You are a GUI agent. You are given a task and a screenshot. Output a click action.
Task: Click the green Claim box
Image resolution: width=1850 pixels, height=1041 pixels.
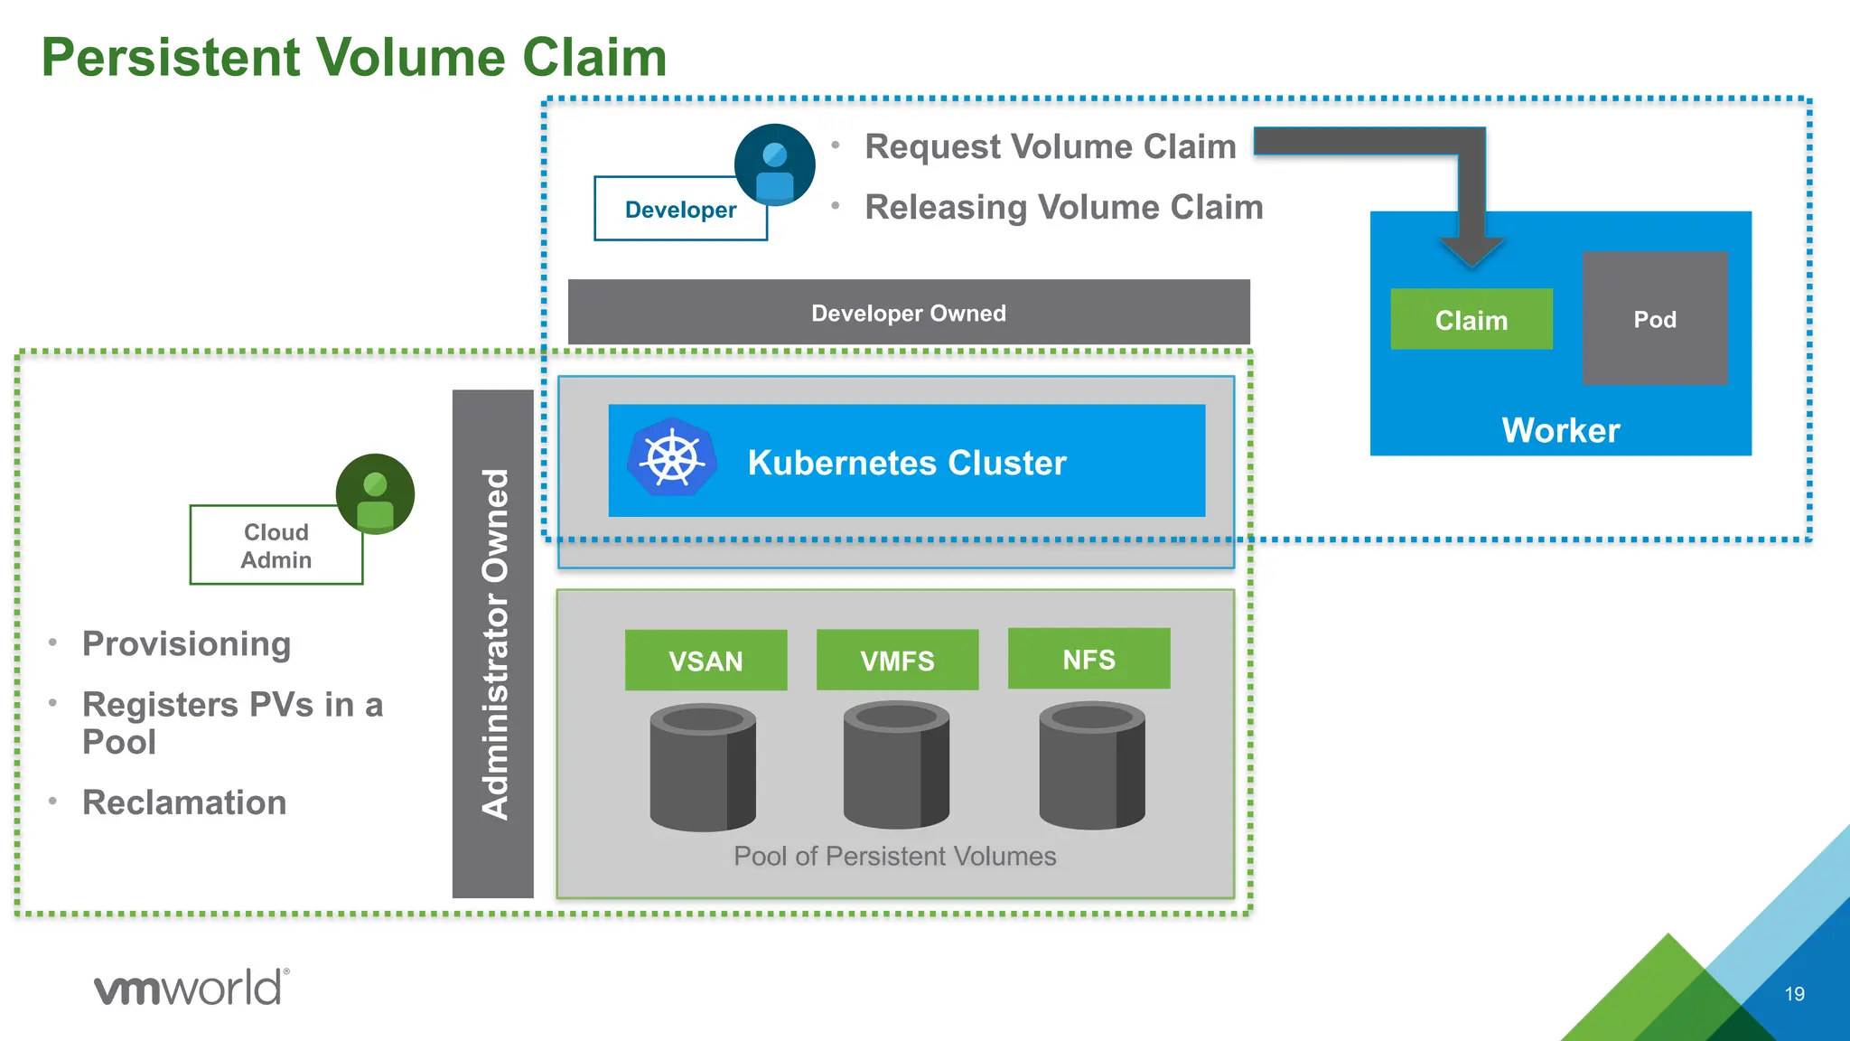[x=1471, y=320]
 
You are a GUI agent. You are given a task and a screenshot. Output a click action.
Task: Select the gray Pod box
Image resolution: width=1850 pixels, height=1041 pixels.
[x=1654, y=319]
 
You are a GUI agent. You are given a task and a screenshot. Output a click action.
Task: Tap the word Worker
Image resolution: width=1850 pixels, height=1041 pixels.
[x=1560, y=430]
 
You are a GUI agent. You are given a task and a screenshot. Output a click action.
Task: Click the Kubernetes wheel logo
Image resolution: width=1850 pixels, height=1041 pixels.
[x=672, y=458]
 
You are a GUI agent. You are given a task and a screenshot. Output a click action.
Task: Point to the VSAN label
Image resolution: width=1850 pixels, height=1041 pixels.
[x=705, y=661]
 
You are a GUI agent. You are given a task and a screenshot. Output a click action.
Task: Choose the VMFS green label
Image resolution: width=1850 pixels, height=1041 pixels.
[x=897, y=661]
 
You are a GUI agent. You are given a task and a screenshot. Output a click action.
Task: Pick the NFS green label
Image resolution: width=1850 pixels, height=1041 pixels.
[x=1089, y=659]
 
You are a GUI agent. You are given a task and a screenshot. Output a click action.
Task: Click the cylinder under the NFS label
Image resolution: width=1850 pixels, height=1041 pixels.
[x=1091, y=767]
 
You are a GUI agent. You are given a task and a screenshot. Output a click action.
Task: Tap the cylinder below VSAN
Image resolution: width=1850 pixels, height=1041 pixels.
[x=703, y=769]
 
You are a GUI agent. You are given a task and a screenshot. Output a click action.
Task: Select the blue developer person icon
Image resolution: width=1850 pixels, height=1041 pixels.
[x=774, y=165]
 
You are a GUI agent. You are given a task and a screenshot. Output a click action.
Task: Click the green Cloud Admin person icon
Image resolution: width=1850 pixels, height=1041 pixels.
[x=375, y=494]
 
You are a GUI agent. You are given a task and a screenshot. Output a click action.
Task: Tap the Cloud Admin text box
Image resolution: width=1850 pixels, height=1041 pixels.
[x=276, y=546]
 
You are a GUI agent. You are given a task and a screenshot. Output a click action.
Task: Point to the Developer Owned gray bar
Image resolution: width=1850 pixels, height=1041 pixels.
[x=908, y=313]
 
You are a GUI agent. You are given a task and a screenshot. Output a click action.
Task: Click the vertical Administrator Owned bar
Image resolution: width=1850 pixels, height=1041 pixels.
[x=493, y=643]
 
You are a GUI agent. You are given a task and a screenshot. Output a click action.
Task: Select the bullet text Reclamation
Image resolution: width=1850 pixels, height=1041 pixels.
[x=184, y=802]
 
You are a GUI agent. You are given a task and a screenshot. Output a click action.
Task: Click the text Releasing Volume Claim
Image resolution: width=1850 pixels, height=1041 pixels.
[x=1063, y=207]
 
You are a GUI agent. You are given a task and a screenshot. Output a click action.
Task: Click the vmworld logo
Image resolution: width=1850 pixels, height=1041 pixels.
[x=192, y=988]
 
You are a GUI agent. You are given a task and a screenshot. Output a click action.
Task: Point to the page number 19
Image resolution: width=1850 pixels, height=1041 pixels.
[x=1794, y=994]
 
